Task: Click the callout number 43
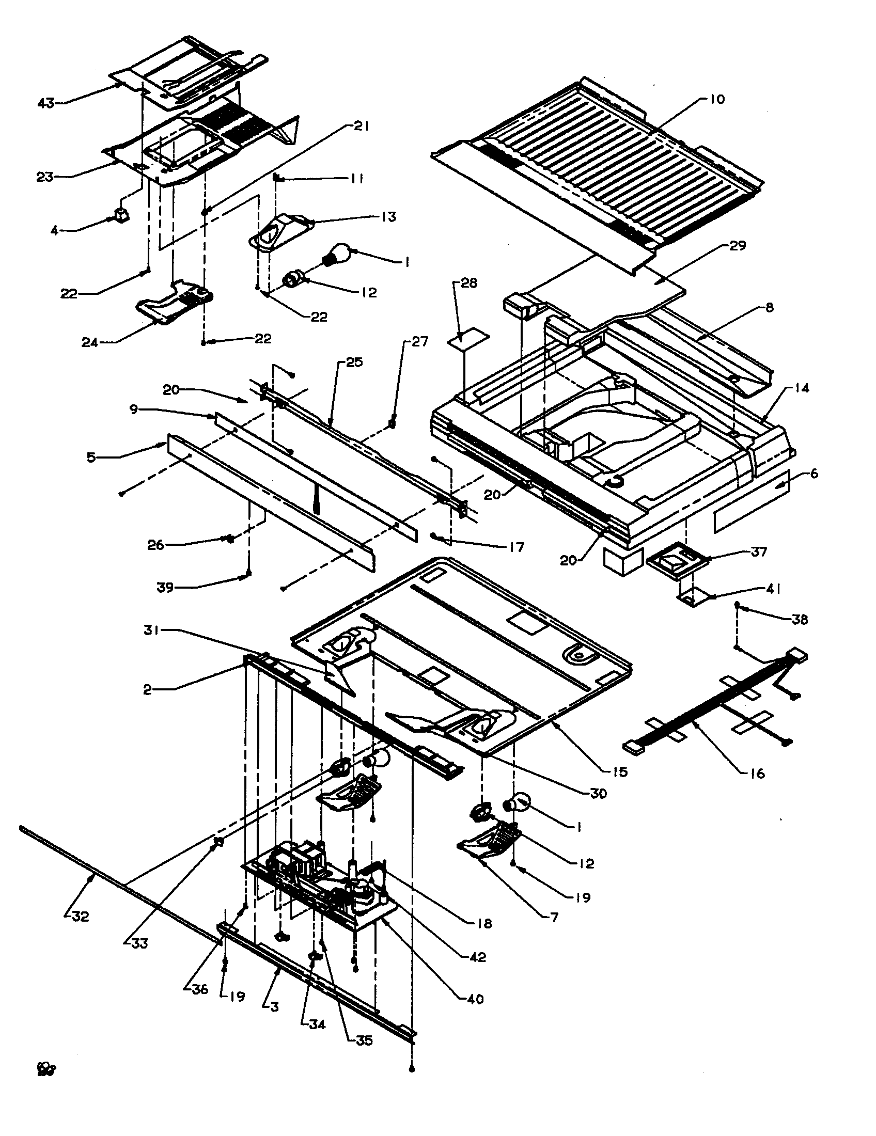(46, 103)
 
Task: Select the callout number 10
(717, 99)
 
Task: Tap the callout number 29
(738, 245)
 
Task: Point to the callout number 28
(468, 283)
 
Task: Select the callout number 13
(387, 216)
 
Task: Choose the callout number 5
(91, 458)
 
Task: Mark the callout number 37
(759, 552)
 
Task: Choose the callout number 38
(800, 620)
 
